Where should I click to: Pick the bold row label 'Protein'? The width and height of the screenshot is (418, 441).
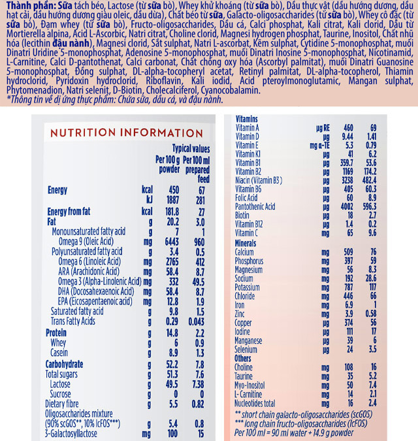coord(57,333)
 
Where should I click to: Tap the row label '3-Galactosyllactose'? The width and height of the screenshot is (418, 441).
coord(75,433)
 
